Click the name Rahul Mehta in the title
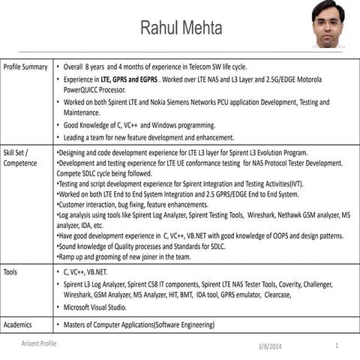tap(181, 28)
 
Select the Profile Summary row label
tap(25, 67)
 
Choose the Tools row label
tap(11, 271)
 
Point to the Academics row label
tap(19, 325)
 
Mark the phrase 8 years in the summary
tap(95, 67)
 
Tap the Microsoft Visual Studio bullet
tap(95, 307)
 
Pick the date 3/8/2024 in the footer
tap(269, 346)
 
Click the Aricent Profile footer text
tap(39, 343)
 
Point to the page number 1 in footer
tap(337, 346)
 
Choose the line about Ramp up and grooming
tap(124, 256)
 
